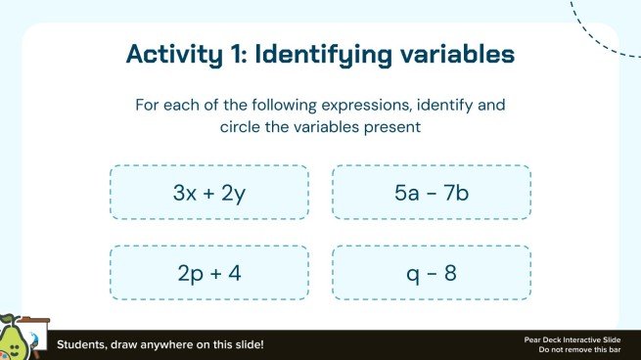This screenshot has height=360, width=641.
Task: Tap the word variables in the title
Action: click(457, 56)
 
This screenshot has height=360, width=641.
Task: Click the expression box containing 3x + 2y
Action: click(209, 193)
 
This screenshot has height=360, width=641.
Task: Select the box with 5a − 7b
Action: click(432, 193)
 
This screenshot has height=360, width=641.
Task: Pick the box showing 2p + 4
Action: click(209, 273)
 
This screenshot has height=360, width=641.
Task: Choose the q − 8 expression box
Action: click(432, 273)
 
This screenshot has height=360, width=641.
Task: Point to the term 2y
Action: click(234, 193)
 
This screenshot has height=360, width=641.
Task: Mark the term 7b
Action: click(457, 193)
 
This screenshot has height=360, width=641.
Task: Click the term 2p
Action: click(189, 273)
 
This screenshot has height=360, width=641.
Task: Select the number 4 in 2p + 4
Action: click(235, 273)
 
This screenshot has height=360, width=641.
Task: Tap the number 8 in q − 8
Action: click(451, 273)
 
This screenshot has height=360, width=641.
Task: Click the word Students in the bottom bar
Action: click(81, 345)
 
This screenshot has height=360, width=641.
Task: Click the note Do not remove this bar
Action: click(572, 349)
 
